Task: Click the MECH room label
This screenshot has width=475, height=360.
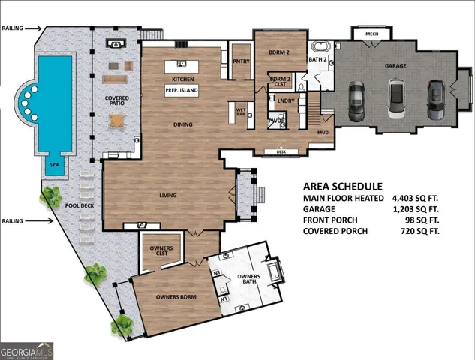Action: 371,34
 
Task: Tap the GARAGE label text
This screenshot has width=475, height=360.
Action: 395,66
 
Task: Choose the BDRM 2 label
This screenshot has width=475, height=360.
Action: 279,52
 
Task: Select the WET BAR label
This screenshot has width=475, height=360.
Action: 242,112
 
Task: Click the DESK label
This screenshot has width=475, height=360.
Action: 281,151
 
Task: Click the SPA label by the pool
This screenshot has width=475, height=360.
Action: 54,163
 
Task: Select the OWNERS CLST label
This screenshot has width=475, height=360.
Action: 161,251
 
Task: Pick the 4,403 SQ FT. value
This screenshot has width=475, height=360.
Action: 422,198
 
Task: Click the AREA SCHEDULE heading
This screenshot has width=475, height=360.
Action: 343,187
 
